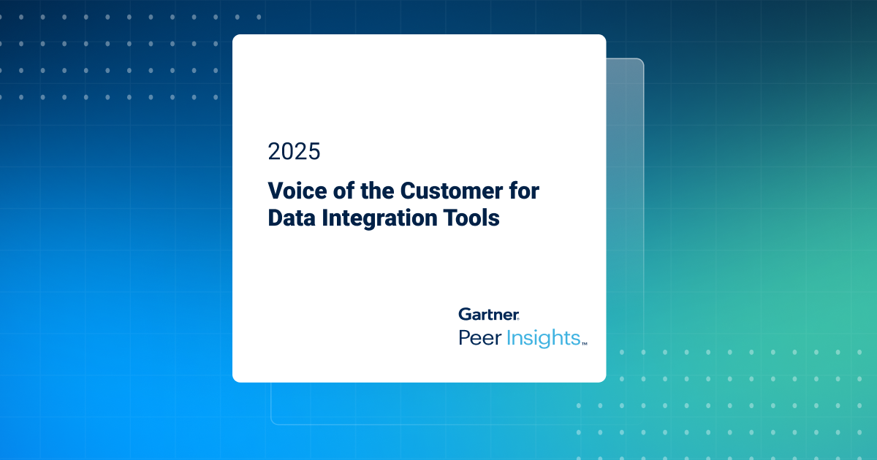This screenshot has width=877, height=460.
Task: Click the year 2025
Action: click(294, 151)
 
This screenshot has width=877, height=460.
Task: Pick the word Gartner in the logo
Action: click(488, 314)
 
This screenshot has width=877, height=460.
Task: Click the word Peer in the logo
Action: click(479, 337)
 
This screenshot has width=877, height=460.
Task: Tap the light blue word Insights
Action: click(542, 337)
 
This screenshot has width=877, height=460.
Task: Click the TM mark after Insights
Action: click(585, 341)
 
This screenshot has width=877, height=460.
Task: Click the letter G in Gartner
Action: click(465, 314)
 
